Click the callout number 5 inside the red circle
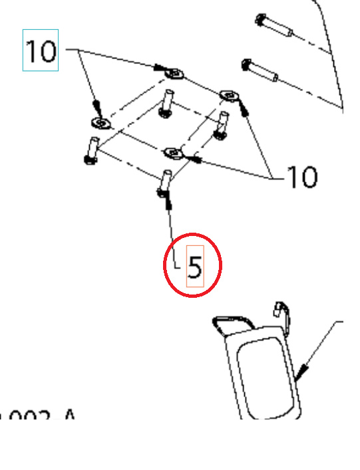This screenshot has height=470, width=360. tap(194, 266)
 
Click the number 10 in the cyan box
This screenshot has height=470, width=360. tap(41, 51)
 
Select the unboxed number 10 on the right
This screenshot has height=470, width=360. tap(301, 177)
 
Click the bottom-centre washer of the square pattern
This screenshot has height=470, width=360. tap(174, 154)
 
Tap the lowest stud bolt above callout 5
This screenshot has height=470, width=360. tap(164, 183)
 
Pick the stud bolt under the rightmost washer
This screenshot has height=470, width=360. tap(222, 126)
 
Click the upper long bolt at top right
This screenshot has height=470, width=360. tap(274, 27)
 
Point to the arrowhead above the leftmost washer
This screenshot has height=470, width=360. tap(98, 107)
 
